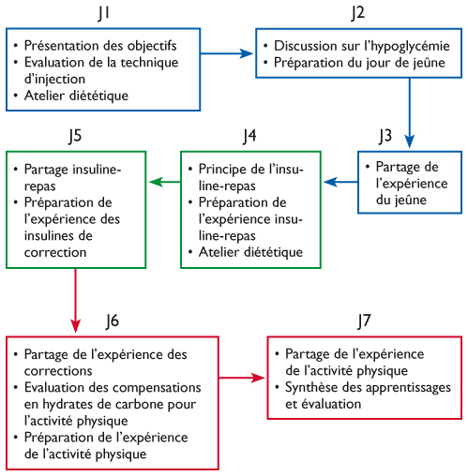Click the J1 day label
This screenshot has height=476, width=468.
(104, 14)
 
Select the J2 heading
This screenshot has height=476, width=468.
(358, 13)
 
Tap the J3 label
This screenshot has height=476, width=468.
(385, 136)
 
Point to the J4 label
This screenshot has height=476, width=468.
(249, 136)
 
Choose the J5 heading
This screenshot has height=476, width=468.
(75, 136)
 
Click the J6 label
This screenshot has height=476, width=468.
(113, 321)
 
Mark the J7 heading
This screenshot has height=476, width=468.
(364, 321)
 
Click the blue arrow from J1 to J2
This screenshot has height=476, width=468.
(227, 53)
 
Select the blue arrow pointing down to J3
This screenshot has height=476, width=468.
(410, 112)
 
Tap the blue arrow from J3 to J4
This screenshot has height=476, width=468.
(340, 182)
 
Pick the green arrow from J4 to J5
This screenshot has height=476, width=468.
(165, 182)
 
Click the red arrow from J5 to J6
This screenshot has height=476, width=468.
(75, 301)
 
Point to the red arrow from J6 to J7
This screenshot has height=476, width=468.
(242, 378)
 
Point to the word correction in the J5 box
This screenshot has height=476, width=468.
(55, 252)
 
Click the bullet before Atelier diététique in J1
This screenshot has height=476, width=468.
(16, 96)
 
